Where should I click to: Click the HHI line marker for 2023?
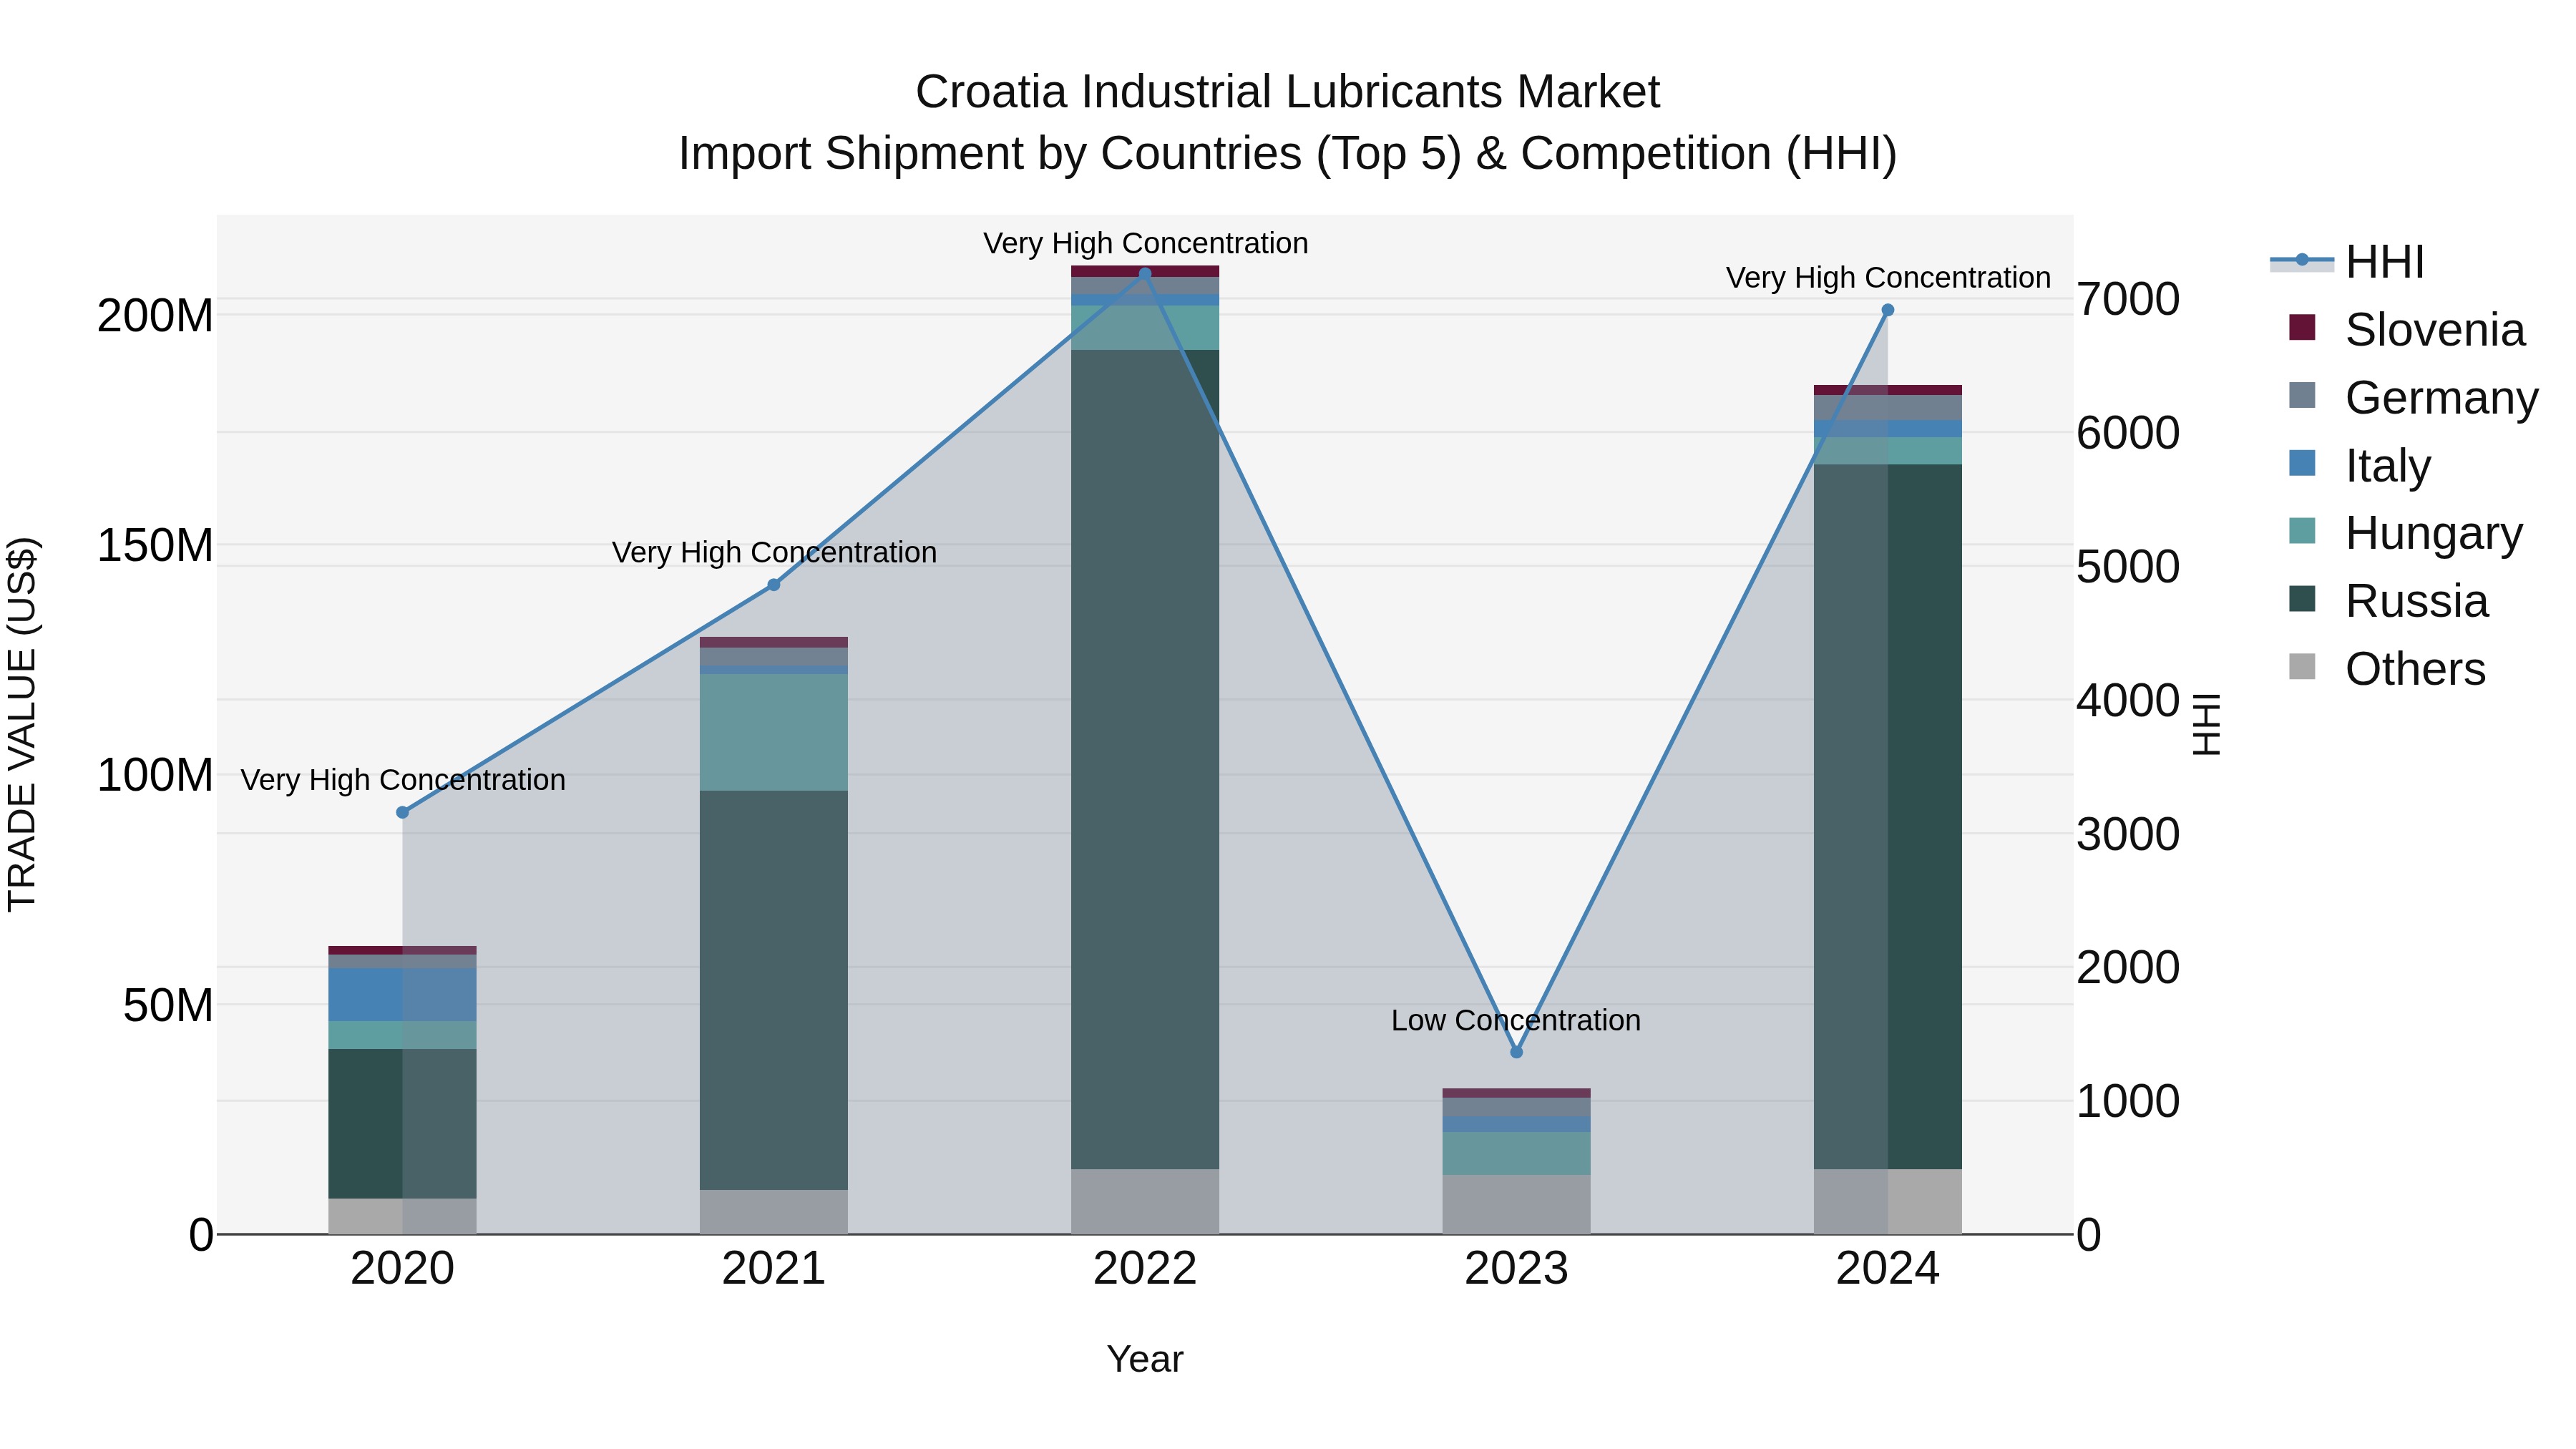pyautogui.click(x=1516, y=1052)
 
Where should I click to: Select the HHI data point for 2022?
pyautogui.click(x=1145, y=273)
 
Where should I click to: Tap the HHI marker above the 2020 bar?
pyautogui.click(x=403, y=812)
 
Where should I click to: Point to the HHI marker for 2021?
pyautogui.click(x=773, y=585)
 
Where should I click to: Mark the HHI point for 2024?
pyautogui.click(x=1888, y=310)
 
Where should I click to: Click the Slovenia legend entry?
pyautogui.click(x=2434, y=330)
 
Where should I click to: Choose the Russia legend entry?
pyautogui.click(x=2416, y=601)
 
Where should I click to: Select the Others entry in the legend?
pyautogui.click(x=2414, y=669)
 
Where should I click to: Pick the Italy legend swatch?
pyautogui.click(x=2302, y=464)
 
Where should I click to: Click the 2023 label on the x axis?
pyautogui.click(x=1516, y=1269)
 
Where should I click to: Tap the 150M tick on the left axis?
pyautogui.click(x=155, y=546)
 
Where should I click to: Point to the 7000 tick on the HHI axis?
pyautogui.click(x=2128, y=299)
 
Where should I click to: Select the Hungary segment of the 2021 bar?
pyautogui.click(x=773, y=732)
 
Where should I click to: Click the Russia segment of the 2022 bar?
pyautogui.click(x=1145, y=760)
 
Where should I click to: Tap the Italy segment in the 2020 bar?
pyautogui.click(x=403, y=994)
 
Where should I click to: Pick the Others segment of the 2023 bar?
pyautogui.click(x=1516, y=1204)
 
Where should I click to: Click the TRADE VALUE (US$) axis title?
pyautogui.click(x=22, y=724)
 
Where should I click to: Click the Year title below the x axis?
pyautogui.click(x=1145, y=1359)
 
